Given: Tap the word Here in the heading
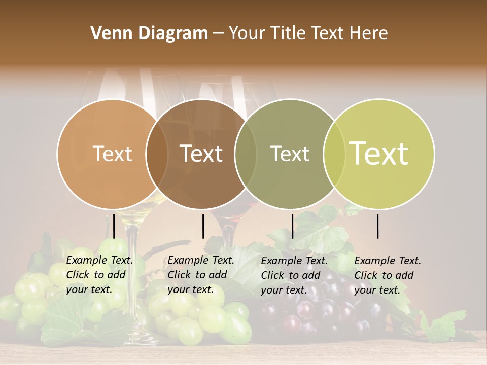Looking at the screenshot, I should coord(369,33).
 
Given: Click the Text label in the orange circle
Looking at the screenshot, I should coord(112,154).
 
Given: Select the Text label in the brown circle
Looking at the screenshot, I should coord(201,154).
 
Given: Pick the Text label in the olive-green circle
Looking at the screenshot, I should coord(290,154).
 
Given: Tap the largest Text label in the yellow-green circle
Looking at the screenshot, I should coord(379,154).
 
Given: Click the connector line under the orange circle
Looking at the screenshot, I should coord(114,227).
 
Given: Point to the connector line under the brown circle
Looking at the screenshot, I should coord(203,227).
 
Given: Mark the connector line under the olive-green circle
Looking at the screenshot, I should coord(292,227).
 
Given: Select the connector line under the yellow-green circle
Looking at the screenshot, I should coord(378,227).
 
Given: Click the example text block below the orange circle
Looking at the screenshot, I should coord(99,275).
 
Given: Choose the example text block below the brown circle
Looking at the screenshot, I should coord(201,275).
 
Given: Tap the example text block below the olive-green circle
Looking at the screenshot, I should coord(294,275).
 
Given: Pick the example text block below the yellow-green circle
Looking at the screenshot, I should coord(388,275).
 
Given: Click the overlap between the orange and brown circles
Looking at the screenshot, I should coord(157,154).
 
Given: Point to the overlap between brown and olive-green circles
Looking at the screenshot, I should coord(246,154).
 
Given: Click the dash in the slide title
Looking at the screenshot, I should coord(218,34).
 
